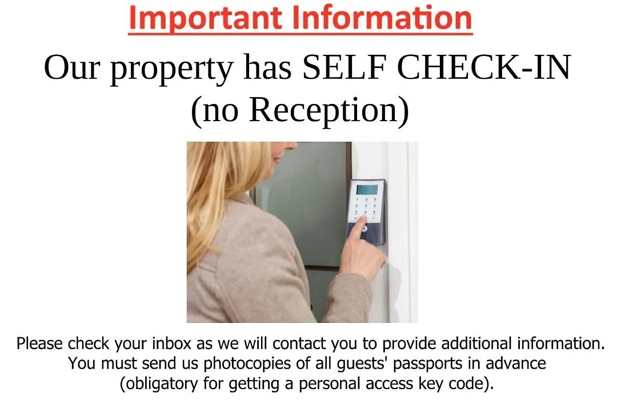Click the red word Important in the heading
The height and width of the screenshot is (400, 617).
205,18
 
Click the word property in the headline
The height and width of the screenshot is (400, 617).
171,69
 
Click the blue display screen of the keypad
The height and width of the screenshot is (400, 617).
367,189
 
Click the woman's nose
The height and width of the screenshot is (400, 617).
292,146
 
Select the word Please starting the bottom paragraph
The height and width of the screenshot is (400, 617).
40,343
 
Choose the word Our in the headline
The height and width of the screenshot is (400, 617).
71,67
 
